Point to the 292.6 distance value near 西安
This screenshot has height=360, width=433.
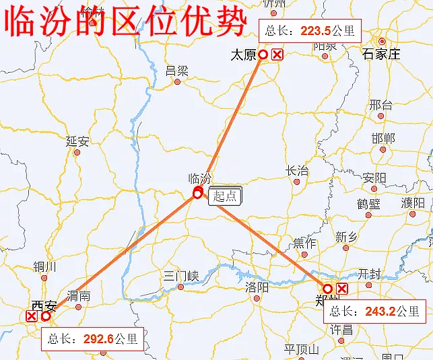coord(99,338)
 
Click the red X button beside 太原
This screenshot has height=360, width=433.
coord(277,55)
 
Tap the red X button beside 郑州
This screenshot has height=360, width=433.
coord(342,289)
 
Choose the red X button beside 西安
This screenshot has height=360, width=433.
coord(32,316)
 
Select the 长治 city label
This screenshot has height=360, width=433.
coord(298,171)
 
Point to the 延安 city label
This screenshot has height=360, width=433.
coord(77,141)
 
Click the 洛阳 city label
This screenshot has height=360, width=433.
coord(257,287)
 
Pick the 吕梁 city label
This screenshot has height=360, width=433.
coord(177,70)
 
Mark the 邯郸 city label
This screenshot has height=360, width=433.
coord(382,138)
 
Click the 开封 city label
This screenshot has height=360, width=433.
coord(370,274)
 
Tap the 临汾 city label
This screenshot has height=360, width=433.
coord(200,179)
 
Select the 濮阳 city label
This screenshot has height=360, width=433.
coord(413,203)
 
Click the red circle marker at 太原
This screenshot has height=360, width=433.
coord(263,55)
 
